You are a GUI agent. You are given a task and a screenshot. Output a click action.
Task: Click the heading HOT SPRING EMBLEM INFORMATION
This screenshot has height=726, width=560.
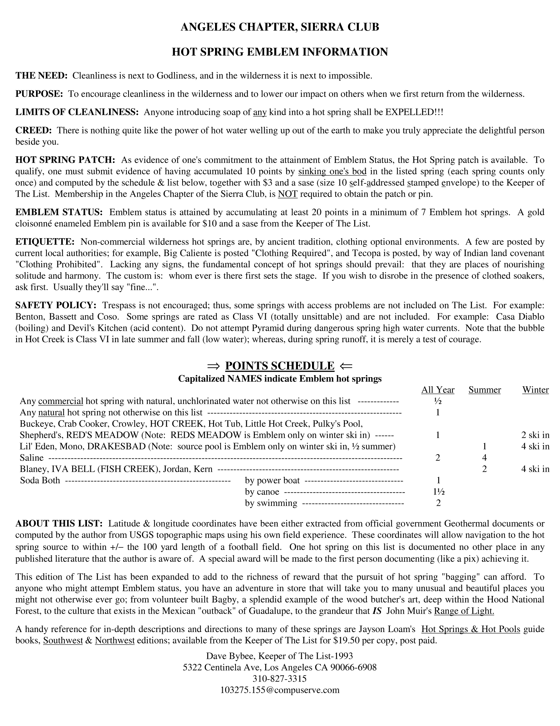point(280,52)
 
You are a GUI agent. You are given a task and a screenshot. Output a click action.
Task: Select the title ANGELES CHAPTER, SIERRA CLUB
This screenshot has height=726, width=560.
point(280,27)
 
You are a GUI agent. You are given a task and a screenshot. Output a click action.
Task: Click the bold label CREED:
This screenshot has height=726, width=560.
point(34,130)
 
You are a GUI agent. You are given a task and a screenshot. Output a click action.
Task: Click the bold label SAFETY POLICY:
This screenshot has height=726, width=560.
point(56,305)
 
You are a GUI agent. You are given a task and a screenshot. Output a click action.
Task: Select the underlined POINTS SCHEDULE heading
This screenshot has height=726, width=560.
point(279,366)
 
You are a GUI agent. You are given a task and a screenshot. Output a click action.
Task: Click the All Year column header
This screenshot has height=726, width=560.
point(438,390)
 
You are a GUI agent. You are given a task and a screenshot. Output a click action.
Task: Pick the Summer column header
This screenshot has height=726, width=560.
point(485,390)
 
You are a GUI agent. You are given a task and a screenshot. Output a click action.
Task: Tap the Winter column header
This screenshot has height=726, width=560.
point(535,390)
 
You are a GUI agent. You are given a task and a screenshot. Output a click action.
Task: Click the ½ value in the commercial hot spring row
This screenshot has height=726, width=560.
point(438,401)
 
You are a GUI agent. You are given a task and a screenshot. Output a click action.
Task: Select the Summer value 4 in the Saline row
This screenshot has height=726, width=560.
point(485,458)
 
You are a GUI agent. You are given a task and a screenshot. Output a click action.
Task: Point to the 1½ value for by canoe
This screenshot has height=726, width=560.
point(438,492)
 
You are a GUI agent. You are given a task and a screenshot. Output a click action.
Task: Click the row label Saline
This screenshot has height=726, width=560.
point(32,458)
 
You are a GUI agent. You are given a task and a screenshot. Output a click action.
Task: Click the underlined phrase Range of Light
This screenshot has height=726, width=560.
point(464,611)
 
